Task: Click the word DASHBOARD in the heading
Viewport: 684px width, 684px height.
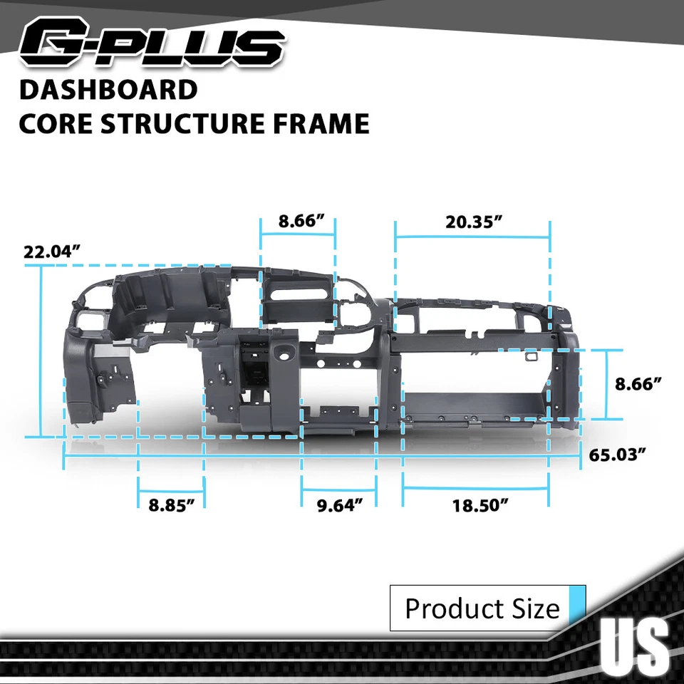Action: click(x=108, y=90)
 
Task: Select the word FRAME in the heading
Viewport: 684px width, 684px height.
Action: click(x=328, y=123)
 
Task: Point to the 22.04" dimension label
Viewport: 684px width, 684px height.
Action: click(x=51, y=252)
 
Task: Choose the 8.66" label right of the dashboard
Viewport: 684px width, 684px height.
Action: click(x=639, y=383)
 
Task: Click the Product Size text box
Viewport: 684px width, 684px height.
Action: click(x=482, y=608)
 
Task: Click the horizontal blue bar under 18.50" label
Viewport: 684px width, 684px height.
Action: click(x=476, y=488)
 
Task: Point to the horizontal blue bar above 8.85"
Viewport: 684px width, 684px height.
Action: click(x=171, y=489)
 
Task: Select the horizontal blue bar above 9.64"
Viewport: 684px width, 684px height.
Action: click(x=339, y=489)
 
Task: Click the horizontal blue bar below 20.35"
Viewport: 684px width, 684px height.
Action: click(x=472, y=238)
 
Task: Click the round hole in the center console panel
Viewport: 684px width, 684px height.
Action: click(x=288, y=351)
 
